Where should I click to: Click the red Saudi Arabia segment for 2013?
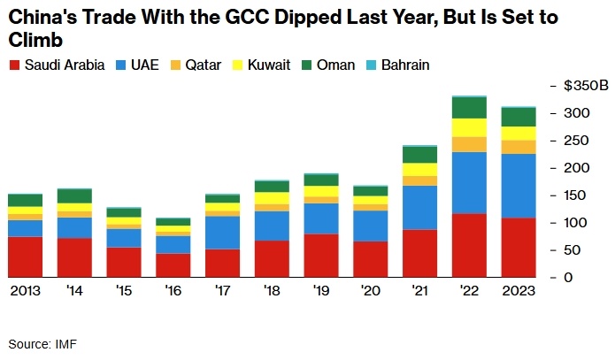(x=26, y=257)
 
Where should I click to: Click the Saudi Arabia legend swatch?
(x=14, y=65)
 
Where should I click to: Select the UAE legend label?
(x=144, y=65)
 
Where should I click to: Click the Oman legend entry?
(x=329, y=65)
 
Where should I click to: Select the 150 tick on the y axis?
(x=575, y=195)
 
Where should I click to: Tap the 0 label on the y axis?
(x=568, y=278)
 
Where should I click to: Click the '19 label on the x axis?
(x=321, y=291)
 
